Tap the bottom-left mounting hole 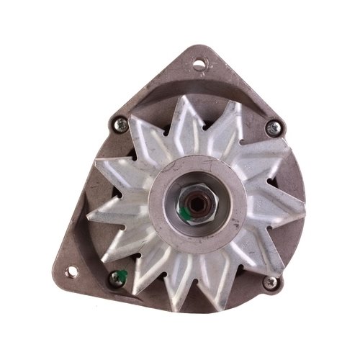click(x=71, y=271)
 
